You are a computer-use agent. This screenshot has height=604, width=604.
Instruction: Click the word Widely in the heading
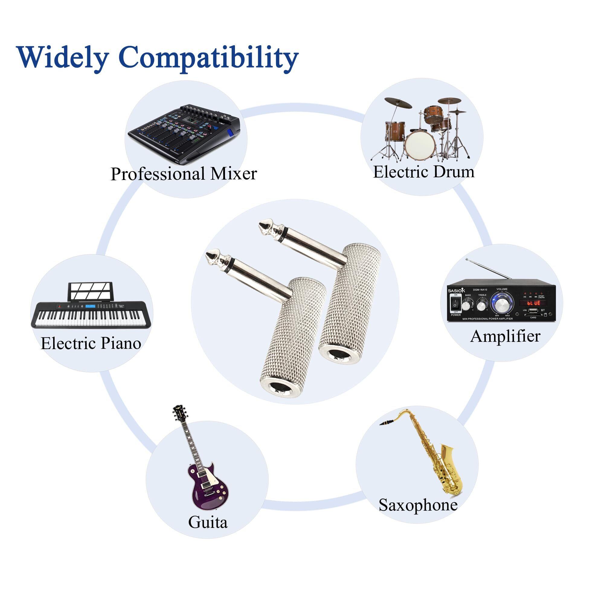[x=62, y=57]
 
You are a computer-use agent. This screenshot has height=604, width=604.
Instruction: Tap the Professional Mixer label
[x=184, y=174]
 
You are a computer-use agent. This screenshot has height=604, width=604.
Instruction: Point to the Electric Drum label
[x=424, y=172]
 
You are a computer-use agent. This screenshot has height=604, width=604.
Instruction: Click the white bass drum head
[x=420, y=146]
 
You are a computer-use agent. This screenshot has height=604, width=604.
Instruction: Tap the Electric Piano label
[x=91, y=343]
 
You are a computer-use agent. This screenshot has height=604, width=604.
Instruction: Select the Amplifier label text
[x=505, y=336]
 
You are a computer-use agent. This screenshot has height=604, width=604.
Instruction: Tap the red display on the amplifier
[x=533, y=303]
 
